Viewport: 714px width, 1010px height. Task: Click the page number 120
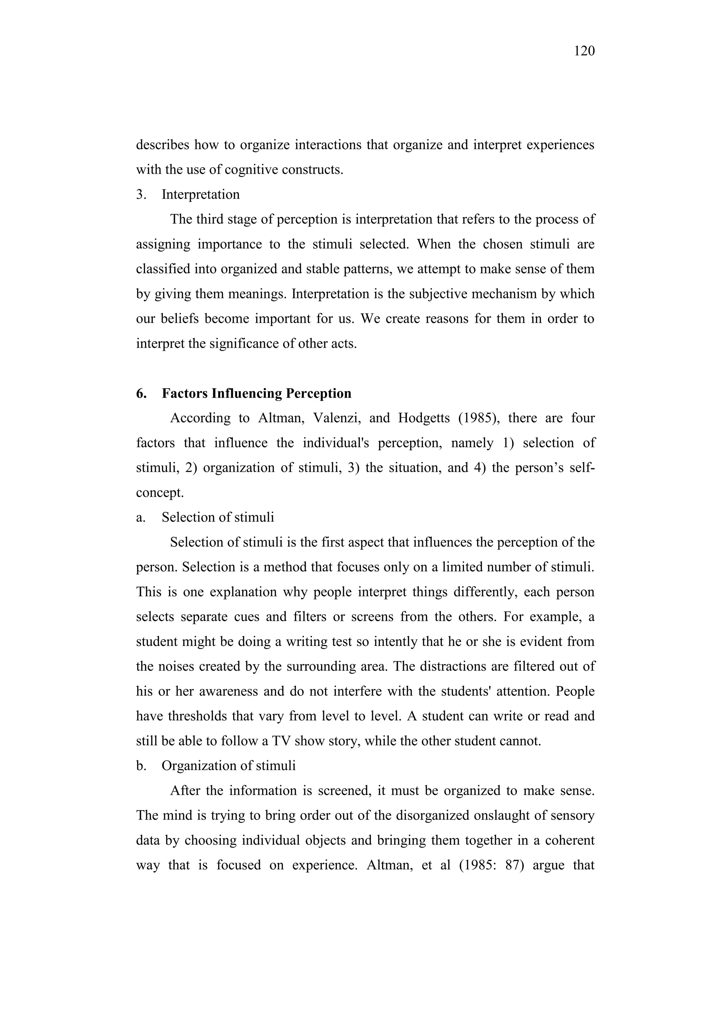click(584, 52)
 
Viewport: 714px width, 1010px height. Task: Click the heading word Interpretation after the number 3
click(200, 195)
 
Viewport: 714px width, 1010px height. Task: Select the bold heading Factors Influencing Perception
click(256, 393)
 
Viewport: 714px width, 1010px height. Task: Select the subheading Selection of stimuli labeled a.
click(218, 517)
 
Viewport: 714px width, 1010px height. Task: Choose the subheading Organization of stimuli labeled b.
click(229, 766)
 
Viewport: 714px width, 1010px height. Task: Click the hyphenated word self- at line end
click(582, 468)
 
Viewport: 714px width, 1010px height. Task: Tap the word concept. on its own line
click(160, 493)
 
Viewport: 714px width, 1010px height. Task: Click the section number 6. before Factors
click(141, 393)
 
